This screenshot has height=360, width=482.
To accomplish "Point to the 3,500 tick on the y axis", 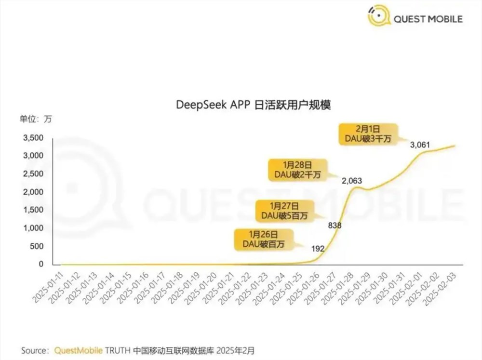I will [33, 138].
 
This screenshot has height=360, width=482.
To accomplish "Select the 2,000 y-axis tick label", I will [33, 192].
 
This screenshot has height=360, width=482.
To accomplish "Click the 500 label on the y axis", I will [37, 246].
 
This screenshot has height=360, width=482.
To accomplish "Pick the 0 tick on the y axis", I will [41, 264].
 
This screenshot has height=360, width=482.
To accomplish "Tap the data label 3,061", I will [419, 145].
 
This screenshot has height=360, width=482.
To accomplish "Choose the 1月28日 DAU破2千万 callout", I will [301, 170].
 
